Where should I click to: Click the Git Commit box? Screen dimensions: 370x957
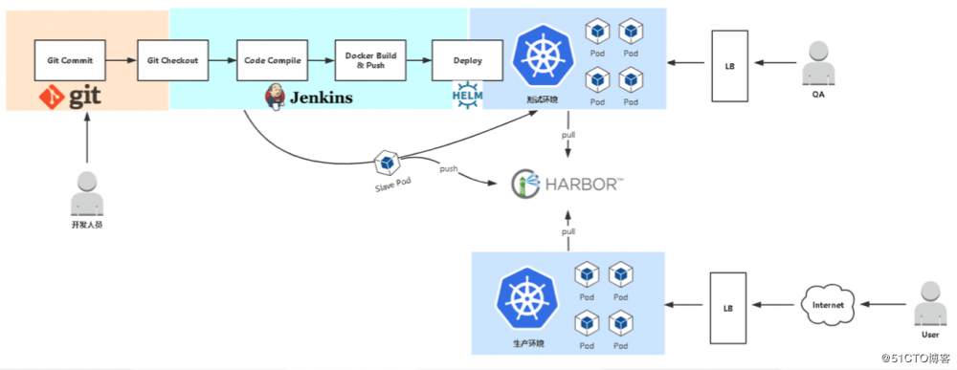70,60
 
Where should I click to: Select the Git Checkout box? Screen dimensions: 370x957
172,60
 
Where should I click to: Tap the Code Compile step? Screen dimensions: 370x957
272,60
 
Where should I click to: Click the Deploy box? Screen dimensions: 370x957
467,60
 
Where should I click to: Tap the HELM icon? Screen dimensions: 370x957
467,96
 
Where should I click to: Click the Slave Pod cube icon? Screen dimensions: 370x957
386,162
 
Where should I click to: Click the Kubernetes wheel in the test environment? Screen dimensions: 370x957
543,57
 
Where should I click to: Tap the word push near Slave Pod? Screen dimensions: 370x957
448,169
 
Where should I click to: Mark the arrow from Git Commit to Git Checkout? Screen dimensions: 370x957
120,60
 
